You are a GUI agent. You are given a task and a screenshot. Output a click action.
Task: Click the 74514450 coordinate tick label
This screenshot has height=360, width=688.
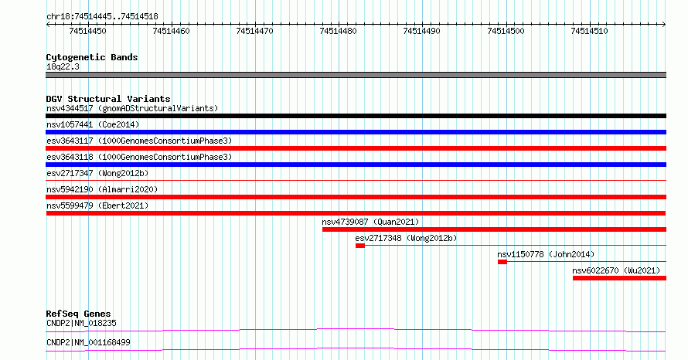tap(87, 31)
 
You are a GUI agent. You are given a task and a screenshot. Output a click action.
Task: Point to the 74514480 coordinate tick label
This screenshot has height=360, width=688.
tap(338, 31)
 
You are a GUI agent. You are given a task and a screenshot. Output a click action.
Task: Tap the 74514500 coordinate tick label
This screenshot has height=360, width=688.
tap(506, 31)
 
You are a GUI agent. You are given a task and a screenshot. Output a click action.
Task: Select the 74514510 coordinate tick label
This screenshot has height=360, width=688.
tap(589, 31)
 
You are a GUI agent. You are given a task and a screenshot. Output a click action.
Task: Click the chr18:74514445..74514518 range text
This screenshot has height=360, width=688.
tap(102, 16)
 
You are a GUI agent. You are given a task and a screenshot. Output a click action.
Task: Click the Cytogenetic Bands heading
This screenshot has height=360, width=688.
tap(92, 57)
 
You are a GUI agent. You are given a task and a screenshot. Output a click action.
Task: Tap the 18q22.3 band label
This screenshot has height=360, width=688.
tap(63, 66)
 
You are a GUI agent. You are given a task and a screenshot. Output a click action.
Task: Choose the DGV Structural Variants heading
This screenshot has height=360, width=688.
tap(108, 99)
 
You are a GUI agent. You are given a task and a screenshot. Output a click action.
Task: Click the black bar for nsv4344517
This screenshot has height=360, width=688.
tap(356, 116)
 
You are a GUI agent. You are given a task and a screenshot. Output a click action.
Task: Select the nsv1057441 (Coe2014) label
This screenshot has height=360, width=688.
tap(93, 124)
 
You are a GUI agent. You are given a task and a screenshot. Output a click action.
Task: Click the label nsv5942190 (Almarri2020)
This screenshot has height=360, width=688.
tap(102, 189)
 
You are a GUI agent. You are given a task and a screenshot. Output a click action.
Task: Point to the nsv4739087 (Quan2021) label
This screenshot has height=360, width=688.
tap(370, 222)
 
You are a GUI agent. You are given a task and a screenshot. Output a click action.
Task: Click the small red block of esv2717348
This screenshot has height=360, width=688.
tap(360, 246)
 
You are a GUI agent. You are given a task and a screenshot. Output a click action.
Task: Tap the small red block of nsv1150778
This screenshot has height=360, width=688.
tap(502, 262)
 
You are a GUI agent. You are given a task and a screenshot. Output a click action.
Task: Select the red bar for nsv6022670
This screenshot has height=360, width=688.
tap(619, 278)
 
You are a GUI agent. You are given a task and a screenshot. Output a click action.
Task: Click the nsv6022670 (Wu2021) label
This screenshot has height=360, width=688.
tap(616, 270)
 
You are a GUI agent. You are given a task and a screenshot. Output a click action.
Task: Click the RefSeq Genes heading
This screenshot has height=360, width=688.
tap(78, 314)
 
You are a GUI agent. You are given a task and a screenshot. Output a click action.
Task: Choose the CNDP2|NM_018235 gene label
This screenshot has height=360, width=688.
tap(81, 323)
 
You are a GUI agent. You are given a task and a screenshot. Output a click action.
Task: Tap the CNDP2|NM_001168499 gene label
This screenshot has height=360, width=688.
tap(88, 342)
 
